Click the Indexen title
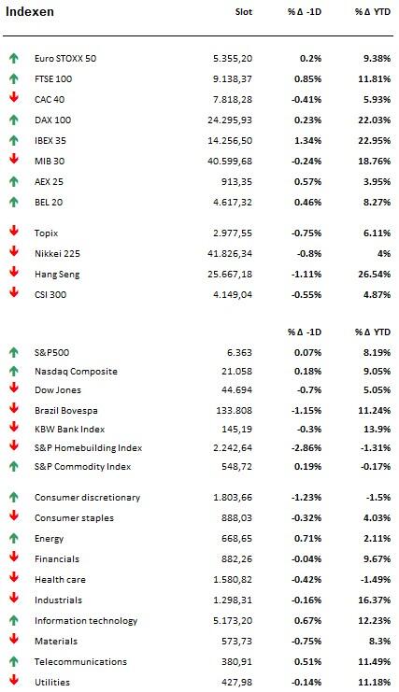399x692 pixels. coord(30,11)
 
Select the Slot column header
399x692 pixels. coord(244,12)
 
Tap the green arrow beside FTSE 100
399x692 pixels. coord(14,78)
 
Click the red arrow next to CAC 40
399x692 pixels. coord(14,97)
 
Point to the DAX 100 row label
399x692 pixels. coord(52,120)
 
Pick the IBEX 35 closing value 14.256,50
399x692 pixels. coord(230,141)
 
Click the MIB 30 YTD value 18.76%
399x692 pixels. coord(375,161)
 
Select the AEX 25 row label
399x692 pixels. coord(49,182)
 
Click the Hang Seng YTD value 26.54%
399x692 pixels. coord(375,274)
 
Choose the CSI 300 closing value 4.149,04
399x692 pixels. coord(233,295)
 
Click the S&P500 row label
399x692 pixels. coord(51,353)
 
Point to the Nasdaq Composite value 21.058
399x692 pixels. coord(237,371)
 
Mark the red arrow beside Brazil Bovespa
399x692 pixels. coord(14,408)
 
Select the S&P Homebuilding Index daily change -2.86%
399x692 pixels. coord(306,448)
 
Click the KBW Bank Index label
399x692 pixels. coord(70,429)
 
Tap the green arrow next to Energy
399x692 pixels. coord(14,538)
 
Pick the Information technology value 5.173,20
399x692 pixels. coord(233,621)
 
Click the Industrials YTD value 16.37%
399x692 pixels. coord(375,600)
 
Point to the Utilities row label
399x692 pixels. coord(52,683)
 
